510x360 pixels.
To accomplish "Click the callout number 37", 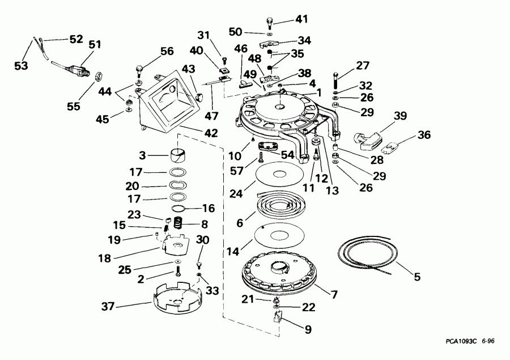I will (x=108, y=306).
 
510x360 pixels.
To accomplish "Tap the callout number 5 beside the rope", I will (x=417, y=277).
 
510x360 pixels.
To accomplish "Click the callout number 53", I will (x=21, y=66).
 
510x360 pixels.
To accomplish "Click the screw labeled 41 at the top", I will (x=270, y=22).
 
